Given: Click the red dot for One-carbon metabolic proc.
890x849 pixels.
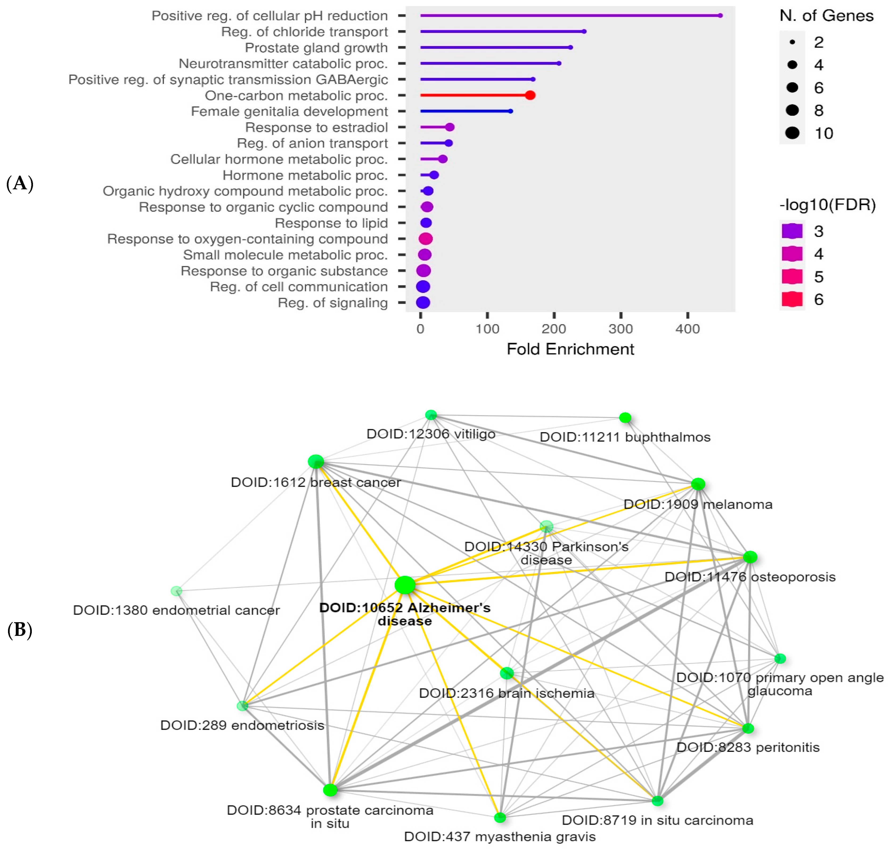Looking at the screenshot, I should click(x=530, y=95).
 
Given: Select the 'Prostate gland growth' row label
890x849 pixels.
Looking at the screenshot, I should click(x=316, y=48).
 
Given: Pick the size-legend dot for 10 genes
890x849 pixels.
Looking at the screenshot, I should click(x=792, y=133).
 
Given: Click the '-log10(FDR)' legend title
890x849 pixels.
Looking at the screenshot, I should click(x=827, y=205).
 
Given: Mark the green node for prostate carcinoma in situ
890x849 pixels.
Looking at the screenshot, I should click(x=330, y=790).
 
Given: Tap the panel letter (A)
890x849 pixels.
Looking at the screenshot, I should click(x=20, y=184).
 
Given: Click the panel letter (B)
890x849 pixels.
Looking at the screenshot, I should click(x=20, y=630).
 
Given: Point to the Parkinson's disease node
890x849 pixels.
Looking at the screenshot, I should click(x=546, y=526).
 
